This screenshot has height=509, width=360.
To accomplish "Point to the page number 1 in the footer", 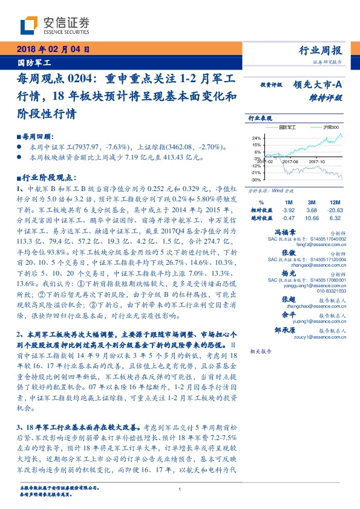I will click(x=180, y=489).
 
